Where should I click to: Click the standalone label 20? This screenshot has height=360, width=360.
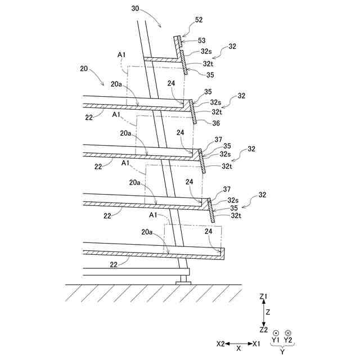pos(84,69)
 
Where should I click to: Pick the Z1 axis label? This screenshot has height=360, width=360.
pos(264,296)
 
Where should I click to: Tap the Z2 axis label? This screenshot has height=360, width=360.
pos(264,330)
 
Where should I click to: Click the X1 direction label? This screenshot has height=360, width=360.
pos(256,343)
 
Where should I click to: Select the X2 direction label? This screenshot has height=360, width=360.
pos(221,343)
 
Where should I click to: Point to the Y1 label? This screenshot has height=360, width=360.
pos(276,340)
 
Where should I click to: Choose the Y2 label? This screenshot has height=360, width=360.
pos(288,340)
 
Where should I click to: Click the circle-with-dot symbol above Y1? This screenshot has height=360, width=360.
pos(276,333)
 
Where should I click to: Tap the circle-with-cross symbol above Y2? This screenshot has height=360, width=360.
pos(288,333)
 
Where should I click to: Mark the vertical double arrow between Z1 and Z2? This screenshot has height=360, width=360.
pos(264,313)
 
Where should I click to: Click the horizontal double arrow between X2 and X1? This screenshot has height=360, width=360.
pos(238,343)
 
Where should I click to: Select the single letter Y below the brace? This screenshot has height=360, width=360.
pos(282,352)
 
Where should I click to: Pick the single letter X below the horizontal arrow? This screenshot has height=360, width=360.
pos(238,349)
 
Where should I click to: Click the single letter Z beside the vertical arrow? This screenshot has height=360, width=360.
pos(269,312)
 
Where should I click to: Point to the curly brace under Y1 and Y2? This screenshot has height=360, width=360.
pos(282,346)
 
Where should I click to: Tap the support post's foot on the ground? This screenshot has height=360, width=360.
pos(183,281)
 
